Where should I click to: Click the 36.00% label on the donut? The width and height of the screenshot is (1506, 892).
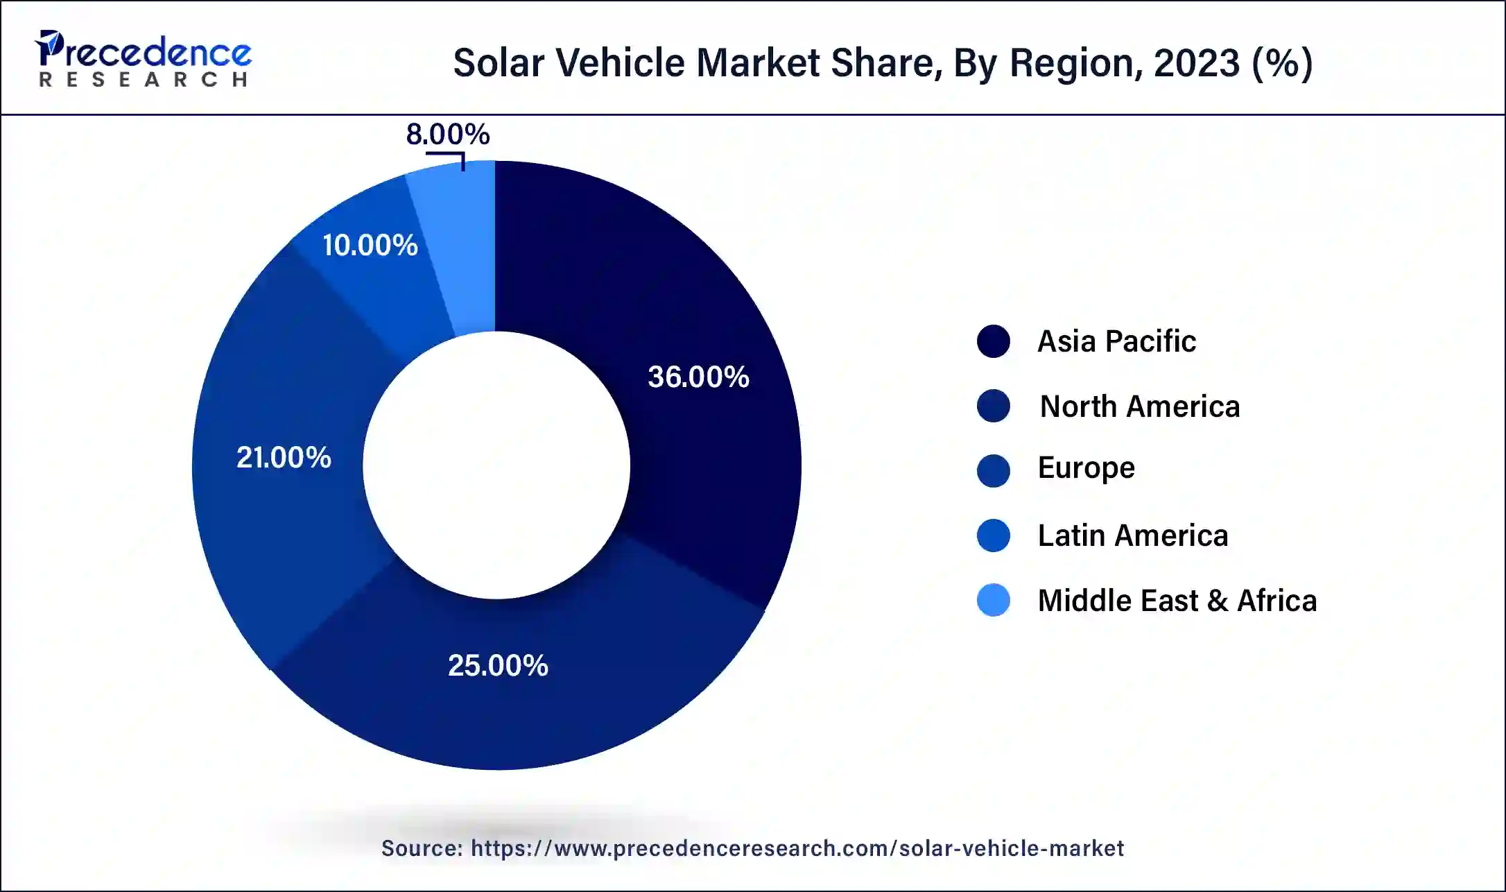[698, 377]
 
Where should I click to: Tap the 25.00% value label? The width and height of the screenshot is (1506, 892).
[498, 665]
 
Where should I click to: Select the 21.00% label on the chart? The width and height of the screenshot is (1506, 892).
[284, 457]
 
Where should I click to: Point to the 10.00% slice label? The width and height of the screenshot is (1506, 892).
[370, 245]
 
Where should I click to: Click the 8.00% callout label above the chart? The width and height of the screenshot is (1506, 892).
[448, 134]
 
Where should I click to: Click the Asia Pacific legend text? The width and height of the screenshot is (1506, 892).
[1116, 341]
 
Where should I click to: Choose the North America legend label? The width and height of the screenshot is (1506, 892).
[1139, 406]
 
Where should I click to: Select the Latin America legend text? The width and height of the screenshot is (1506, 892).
[1132, 535]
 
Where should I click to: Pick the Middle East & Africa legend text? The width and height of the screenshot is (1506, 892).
[1177, 601]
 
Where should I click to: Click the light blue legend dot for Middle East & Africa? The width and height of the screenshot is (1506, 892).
[993, 601]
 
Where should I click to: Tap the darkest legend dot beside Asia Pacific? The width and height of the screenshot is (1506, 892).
[993, 341]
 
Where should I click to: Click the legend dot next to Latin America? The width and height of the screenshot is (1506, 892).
[993, 535]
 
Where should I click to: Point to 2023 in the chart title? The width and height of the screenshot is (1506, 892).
[1196, 62]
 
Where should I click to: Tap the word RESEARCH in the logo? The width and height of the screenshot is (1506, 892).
[144, 80]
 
